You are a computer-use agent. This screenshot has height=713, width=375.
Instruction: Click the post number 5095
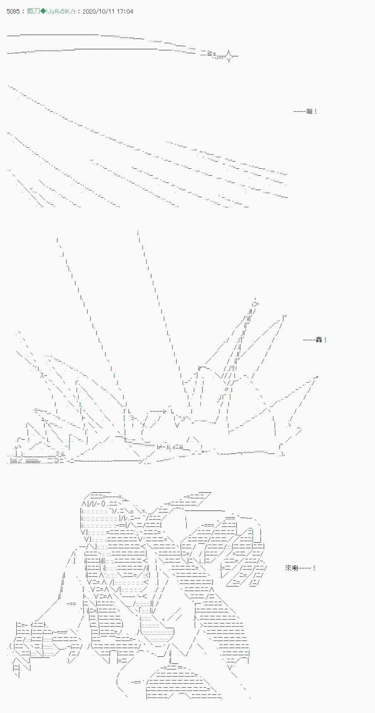[x=13, y=11]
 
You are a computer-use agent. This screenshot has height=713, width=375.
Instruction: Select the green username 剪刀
[x=33, y=11]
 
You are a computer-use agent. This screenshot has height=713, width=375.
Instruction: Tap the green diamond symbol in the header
[x=43, y=11]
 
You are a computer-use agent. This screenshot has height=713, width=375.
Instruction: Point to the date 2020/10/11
[x=98, y=11]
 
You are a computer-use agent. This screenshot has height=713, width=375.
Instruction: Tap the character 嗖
[x=309, y=112]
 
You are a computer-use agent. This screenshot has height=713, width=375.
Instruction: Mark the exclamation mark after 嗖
[x=316, y=112]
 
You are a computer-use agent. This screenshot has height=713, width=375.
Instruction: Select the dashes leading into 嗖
[x=300, y=112]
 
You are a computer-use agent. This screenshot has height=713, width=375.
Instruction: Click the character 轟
[x=319, y=340]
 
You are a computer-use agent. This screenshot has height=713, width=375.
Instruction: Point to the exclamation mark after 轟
[x=325, y=340]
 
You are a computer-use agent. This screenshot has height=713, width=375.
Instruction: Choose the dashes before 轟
[x=309, y=340]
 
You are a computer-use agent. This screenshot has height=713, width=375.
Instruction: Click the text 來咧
[x=292, y=568]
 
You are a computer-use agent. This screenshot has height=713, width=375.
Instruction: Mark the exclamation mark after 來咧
[x=314, y=568]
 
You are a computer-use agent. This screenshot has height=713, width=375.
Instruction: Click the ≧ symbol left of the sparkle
[x=210, y=53]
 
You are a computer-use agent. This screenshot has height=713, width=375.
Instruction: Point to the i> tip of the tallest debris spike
[x=255, y=304]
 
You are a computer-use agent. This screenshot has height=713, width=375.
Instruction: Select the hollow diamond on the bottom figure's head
[x=103, y=504]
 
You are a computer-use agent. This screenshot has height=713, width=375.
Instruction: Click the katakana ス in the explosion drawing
[x=44, y=375]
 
